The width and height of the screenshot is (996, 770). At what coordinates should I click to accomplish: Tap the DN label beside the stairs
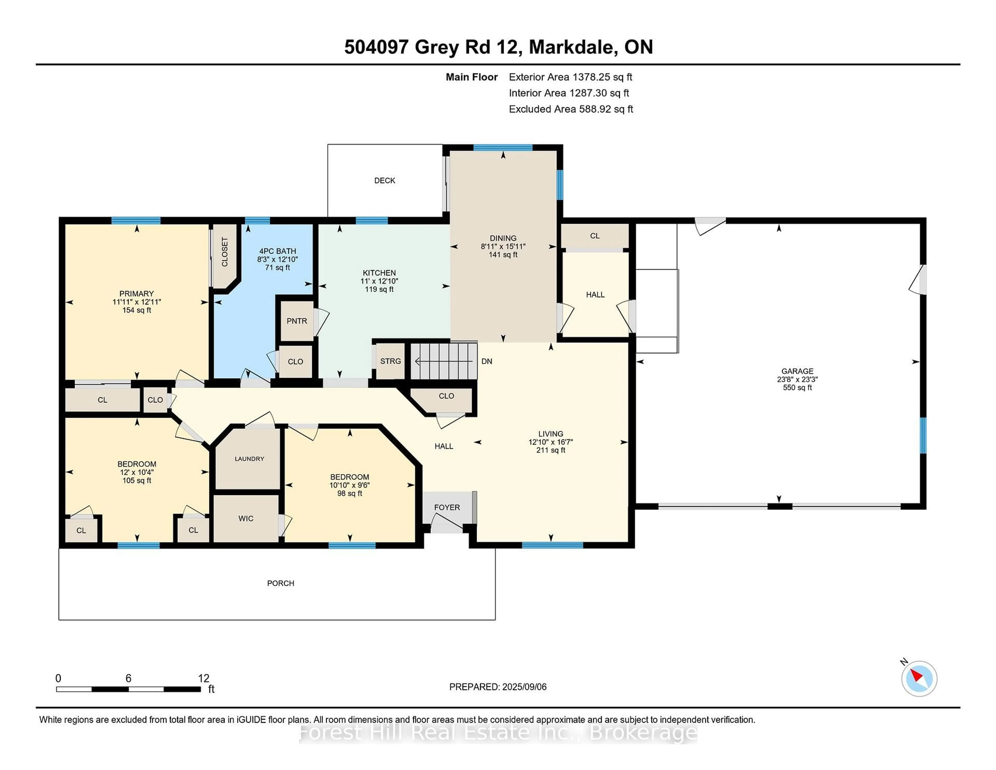click(x=487, y=361)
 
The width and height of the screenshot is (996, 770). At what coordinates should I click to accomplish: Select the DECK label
click(x=384, y=181)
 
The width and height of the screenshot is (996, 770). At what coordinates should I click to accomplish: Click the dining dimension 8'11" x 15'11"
click(x=503, y=246)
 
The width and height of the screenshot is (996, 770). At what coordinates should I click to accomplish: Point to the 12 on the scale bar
click(x=203, y=678)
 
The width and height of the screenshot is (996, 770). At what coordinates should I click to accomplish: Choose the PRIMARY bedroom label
click(x=136, y=294)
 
